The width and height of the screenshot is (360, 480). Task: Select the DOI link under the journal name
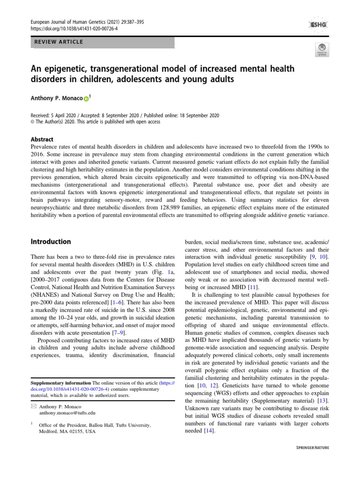(x=74, y=28)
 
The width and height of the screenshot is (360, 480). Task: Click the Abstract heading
(x=42, y=139)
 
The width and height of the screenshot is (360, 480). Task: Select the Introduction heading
(x=51, y=242)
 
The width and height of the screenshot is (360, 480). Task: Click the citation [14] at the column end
(x=209, y=431)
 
